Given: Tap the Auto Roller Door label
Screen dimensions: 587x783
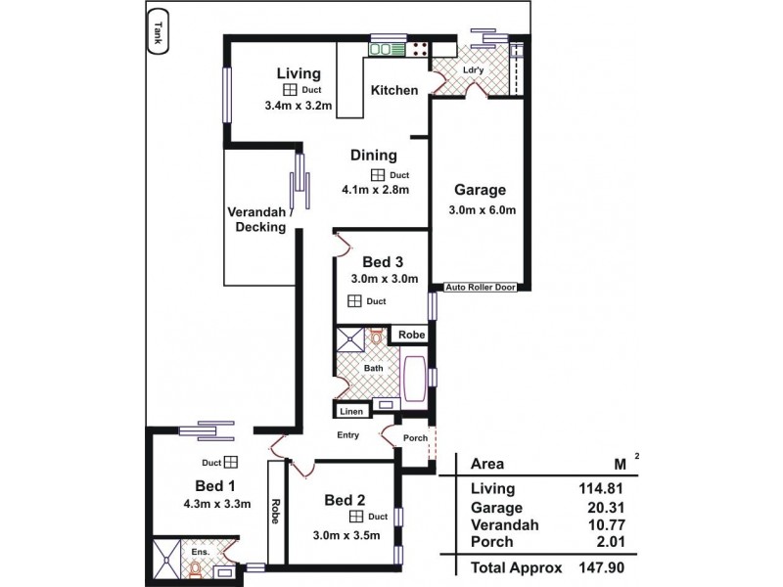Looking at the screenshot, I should [481, 288].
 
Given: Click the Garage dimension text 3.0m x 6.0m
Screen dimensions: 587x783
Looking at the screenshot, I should [480, 210].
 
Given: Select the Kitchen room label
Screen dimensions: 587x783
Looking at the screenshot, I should [394, 90].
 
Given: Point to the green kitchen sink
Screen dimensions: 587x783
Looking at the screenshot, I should [387, 47].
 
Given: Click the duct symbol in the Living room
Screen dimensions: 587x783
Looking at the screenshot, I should [290, 89].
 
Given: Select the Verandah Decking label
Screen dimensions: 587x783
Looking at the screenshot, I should [256, 219].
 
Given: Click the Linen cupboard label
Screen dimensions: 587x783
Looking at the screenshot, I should [352, 411].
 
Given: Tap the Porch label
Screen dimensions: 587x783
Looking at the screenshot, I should [416, 437].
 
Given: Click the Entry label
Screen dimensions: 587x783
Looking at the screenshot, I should [347, 435].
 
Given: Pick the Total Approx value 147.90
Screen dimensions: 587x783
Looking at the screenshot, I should [600, 565].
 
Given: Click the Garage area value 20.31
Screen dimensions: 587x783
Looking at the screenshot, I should [600, 508].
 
